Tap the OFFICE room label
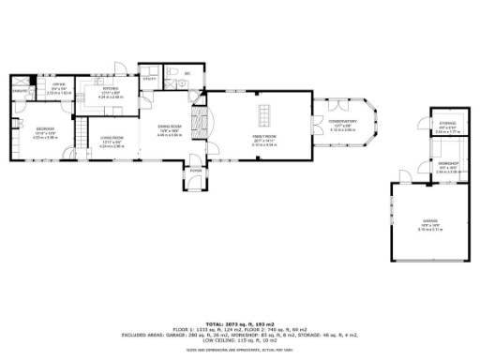tap(58, 85)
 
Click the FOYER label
tap(196, 171)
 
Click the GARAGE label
tap(429, 221)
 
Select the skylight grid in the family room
tap(264, 116)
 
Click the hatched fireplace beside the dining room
tap(197, 122)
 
